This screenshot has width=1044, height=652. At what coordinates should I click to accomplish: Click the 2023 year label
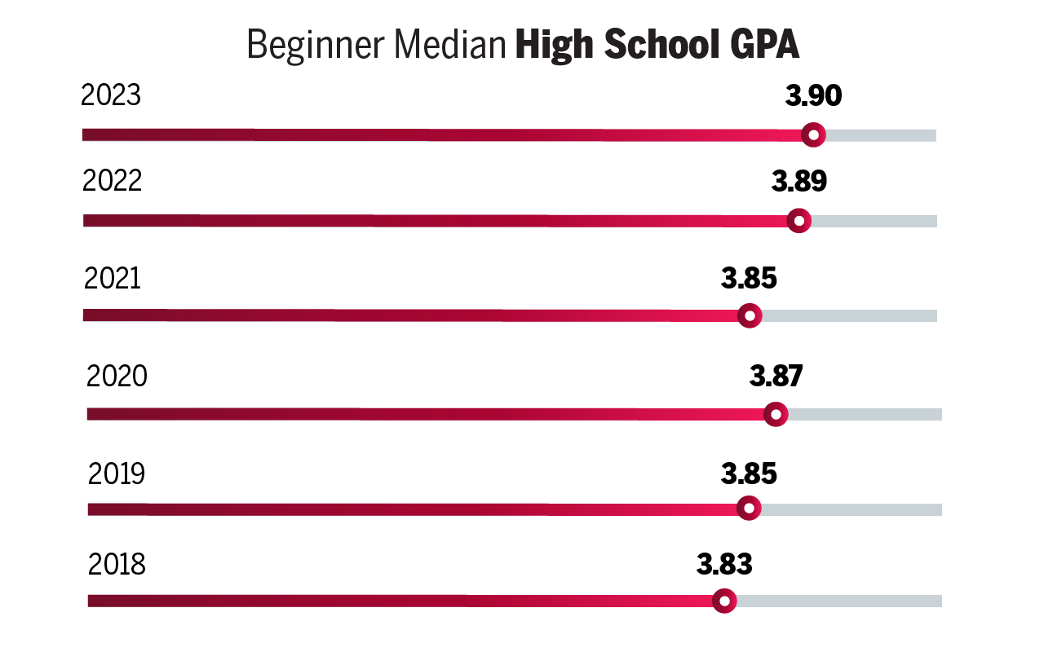(x=111, y=96)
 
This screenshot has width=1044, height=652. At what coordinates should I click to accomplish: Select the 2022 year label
(x=113, y=181)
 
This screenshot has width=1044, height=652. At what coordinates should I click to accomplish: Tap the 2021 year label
(x=113, y=279)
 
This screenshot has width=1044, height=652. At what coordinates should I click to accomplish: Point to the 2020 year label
(x=117, y=377)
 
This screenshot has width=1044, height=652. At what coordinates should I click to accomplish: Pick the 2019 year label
(x=117, y=474)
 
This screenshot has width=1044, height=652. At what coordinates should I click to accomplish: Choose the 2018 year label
(x=117, y=564)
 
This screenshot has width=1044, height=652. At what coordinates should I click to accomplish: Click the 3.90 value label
(x=813, y=96)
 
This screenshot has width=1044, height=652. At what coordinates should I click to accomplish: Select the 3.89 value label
(x=799, y=181)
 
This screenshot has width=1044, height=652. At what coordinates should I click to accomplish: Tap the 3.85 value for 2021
(x=749, y=279)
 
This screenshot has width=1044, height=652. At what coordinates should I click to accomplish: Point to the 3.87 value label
(x=776, y=377)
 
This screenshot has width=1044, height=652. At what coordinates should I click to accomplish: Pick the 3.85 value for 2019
(x=749, y=474)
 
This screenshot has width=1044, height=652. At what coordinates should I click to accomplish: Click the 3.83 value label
(x=724, y=564)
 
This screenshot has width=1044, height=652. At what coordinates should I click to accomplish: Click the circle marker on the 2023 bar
(x=813, y=134)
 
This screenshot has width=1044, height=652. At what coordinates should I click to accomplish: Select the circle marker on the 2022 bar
(x=799, y=220)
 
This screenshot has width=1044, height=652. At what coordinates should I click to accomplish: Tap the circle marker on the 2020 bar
(x=776, y=414)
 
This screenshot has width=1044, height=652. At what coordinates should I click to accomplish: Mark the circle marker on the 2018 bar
(x=724, y=601)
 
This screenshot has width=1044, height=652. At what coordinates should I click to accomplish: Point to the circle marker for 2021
(x=749, y=315)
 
